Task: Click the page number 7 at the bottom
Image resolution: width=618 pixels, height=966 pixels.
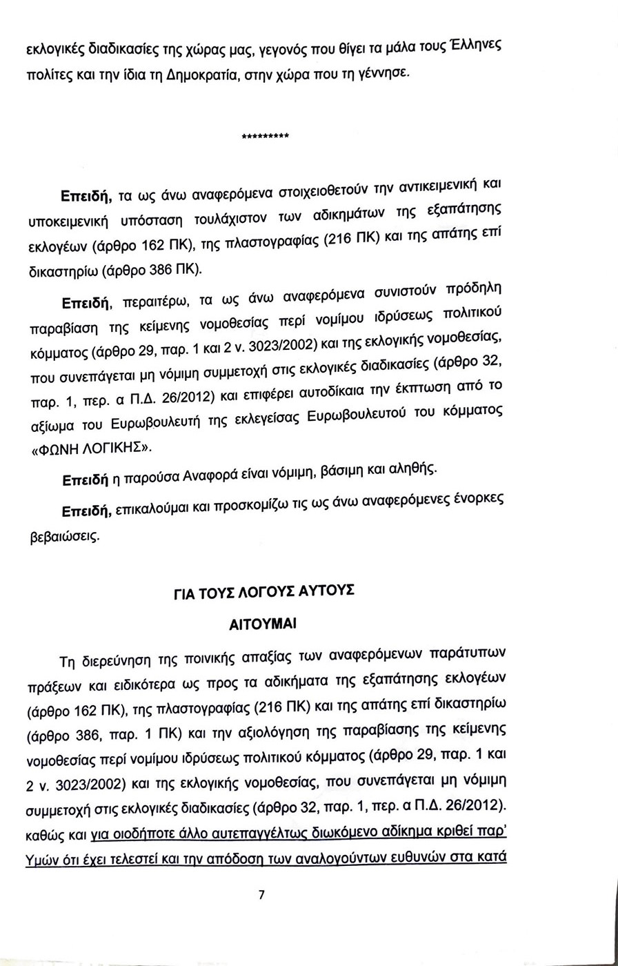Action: point(261,896)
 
